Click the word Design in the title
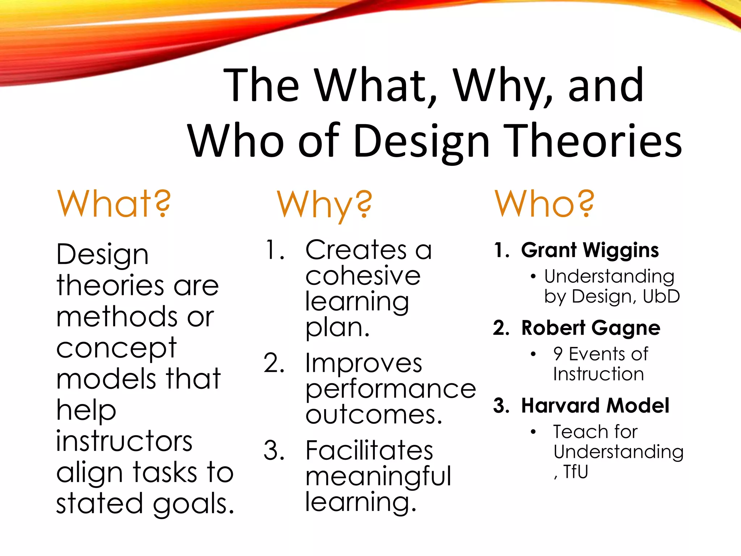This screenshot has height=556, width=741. pyautogui.click(x=421, y=141)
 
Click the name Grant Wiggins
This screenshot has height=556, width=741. pyautogui.click(x=590, y=250)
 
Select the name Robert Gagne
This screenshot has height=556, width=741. pyautogui.click(x=590, y=328)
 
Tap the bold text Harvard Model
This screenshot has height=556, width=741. pyautogui.click(x=595, y=405)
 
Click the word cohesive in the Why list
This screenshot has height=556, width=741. pyautogui.click(x=363, y=276)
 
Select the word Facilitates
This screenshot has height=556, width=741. pyautogui.click(x=369, y=451)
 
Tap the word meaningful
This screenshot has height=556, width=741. pyautogui.click(x=378, y=476)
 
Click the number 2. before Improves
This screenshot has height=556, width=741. pyautogui.click(x=274, y=363)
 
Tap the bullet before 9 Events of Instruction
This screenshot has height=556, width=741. pyautogui.click(x=533, y=354)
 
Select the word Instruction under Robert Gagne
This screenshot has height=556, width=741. pyautogui.click(x=598, y=374)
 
